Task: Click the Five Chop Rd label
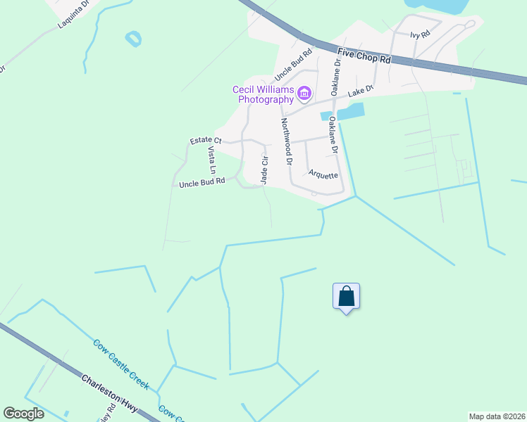click(x=364, y=56)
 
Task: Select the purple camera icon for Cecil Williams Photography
click(x=304, y=92)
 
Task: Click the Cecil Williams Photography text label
click(x=264, y=94)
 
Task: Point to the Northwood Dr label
click(x=287, y=141)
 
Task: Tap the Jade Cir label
click(x=265, y=170)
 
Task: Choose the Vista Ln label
click(x=211, y=160)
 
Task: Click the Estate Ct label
click(x=206, y=141)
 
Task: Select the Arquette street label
click(x=323, y=174)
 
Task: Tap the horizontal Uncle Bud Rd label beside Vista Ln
click(x=201, y=182)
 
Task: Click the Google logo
click(x=23, y=414)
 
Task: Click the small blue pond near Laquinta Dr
click(x=132, y=39)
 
